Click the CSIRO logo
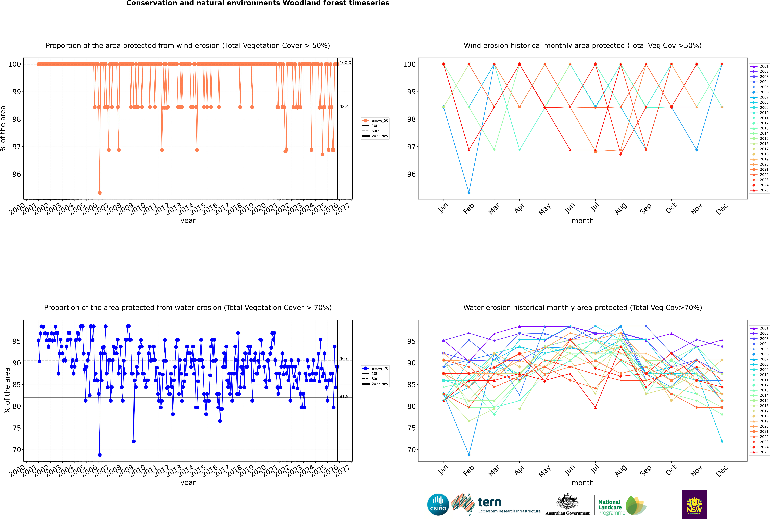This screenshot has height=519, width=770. [x=438, y=504]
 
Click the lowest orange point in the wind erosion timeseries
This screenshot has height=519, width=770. [x=100, y=193]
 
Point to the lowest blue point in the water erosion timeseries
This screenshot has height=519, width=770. [x=100, y=455]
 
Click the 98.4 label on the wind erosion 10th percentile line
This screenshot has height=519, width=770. [x=344, y=107]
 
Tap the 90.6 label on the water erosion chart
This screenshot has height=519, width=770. [x=344, y=359]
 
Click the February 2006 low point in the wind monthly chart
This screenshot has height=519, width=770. [x=469, y=193]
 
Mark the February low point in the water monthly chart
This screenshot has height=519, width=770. [x=469, y=455]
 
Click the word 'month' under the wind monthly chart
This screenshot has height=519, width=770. [x=583, y=221]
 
